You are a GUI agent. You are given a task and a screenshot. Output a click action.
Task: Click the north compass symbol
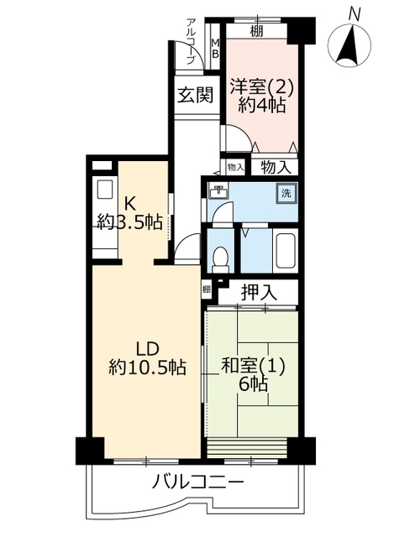(349, 41)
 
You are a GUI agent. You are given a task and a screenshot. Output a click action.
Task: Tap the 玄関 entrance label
(196, 95)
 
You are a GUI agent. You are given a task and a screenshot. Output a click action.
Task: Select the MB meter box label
(215, 49)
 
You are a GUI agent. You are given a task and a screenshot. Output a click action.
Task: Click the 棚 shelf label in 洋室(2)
(256, 31)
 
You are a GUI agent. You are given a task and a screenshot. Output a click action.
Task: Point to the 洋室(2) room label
(261, 86)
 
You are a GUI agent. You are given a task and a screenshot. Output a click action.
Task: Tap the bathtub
(286, 251)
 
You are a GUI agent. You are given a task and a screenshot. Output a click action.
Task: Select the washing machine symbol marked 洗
(286, 194)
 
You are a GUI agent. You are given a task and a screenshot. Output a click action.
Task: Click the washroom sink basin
(218, 191)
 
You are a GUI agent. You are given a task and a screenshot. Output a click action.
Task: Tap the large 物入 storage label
(276, 168)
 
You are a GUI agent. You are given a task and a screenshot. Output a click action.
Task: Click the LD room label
(148, 350)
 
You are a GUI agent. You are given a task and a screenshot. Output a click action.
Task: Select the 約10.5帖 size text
(148, 368)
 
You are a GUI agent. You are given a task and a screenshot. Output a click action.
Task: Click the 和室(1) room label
(254, 367)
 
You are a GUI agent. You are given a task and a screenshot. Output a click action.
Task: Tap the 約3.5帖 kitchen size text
(129, 222)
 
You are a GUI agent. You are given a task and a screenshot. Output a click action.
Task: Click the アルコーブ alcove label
(191, 41)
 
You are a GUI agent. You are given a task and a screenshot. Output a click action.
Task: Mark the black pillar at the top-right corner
(301, 31)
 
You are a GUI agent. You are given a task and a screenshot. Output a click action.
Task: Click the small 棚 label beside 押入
(206, 289)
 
